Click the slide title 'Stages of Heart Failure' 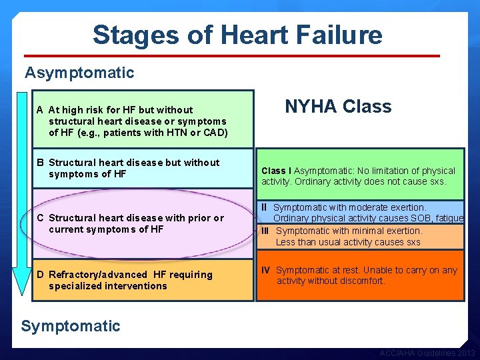tap(237, 35)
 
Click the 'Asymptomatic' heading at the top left tap(79, 73)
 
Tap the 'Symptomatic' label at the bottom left tap(71, 326)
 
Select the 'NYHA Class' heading tap(338, 107)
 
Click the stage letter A tap(41, 110)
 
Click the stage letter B tap(41, 163)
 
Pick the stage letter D tap(41, 275)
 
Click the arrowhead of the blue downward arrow tap(22, 287)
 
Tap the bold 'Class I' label tap(276, 171)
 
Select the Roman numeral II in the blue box tap(264, 208)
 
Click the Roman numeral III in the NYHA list tap(265, 231)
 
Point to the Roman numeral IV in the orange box tap(265, 270)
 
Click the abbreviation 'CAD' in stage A tap(215, 133)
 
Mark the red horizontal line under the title tap(232, 56)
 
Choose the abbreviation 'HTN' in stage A tap(175, 133)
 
